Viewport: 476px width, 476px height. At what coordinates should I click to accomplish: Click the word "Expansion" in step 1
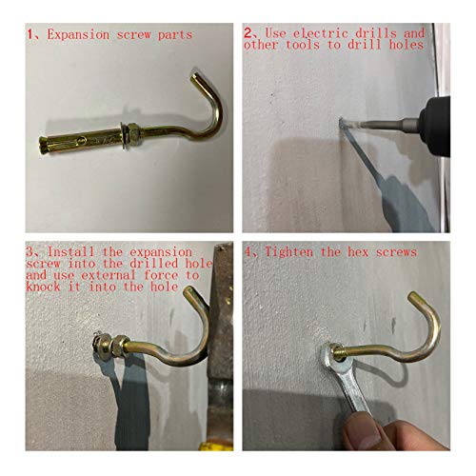point(78,34)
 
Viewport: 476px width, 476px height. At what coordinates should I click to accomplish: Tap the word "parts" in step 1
point(175,35)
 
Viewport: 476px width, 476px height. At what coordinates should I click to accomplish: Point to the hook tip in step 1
point(194,77)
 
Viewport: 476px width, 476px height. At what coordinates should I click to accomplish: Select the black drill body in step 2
point(436,127)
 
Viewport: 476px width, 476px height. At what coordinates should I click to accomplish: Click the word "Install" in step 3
point(70,252)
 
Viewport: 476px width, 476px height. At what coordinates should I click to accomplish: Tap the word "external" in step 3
point(109,275)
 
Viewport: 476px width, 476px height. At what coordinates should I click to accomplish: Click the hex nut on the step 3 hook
point(121,346)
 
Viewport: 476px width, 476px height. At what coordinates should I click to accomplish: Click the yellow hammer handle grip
point(217,445)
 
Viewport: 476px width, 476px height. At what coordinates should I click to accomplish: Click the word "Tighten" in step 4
point(288,252)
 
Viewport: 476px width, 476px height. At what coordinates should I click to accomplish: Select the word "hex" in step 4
point(358,252)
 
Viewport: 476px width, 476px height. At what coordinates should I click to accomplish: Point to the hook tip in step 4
point(411,296)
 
